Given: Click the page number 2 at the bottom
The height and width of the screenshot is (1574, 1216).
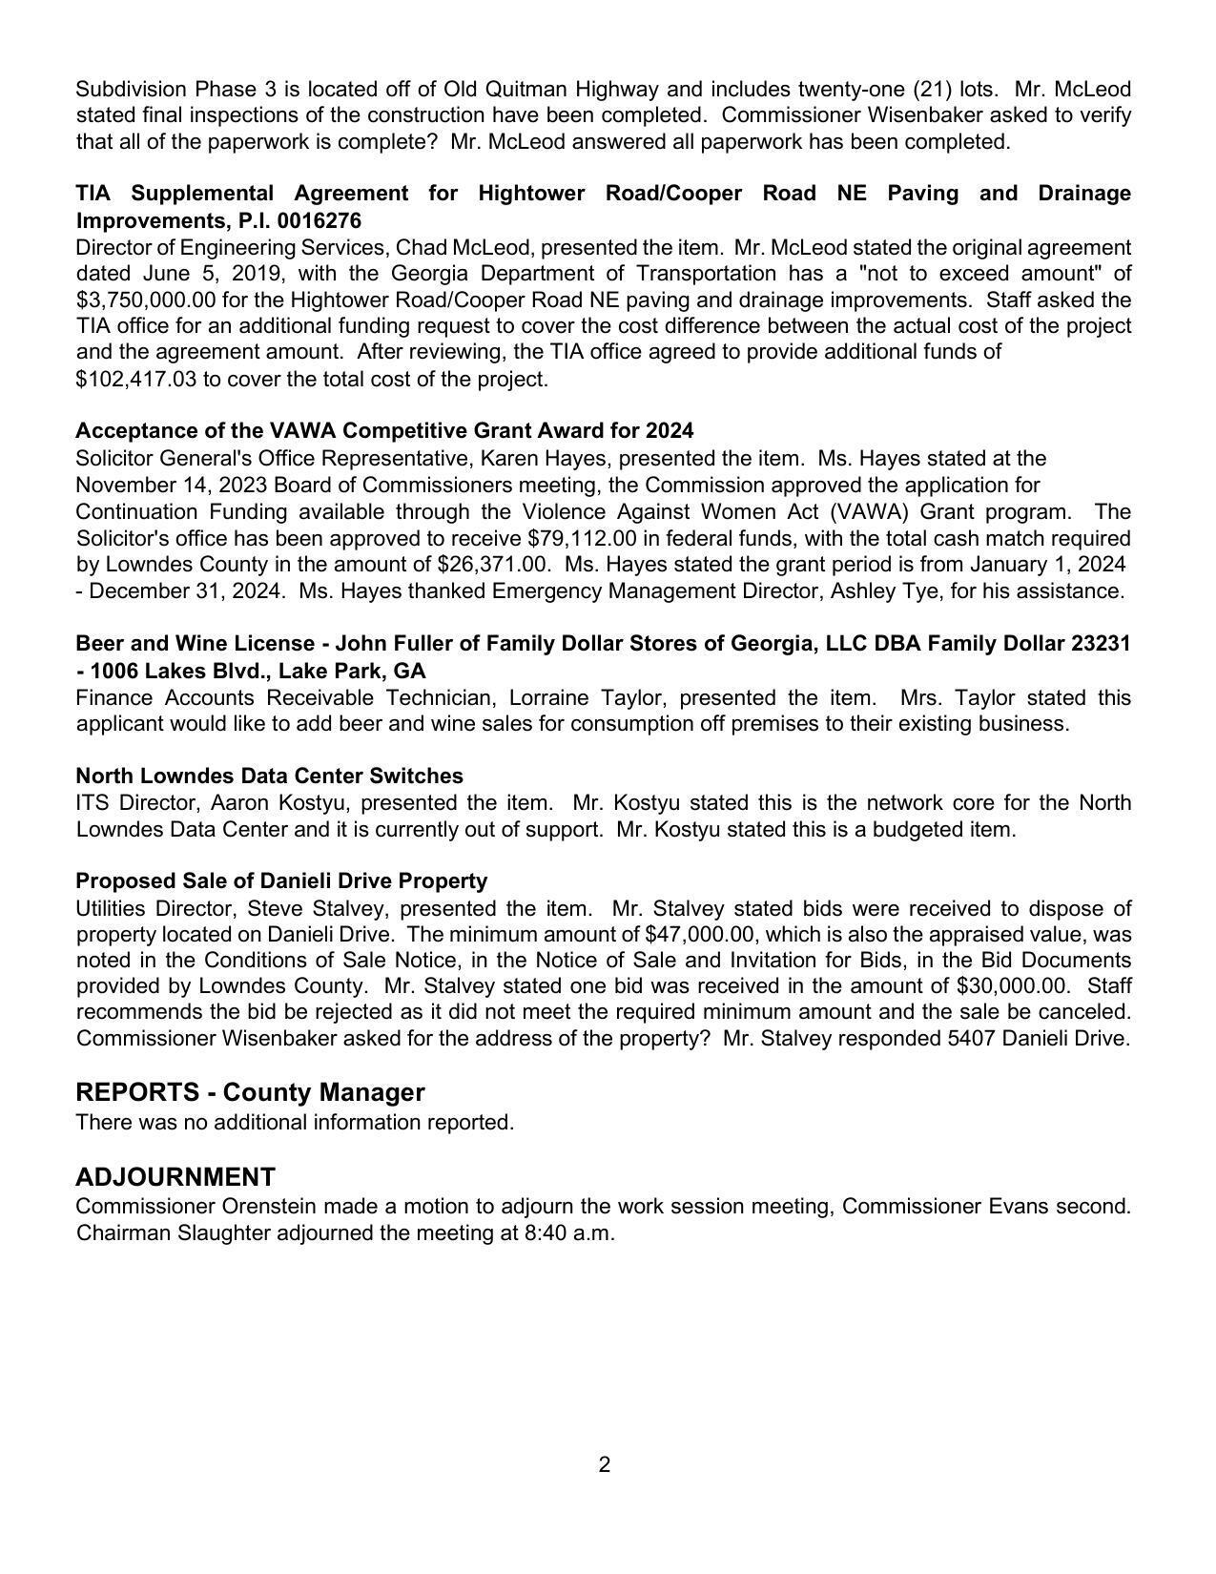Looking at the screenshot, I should [605, 1465].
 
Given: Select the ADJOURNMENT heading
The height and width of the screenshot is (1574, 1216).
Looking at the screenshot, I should [175, 1176].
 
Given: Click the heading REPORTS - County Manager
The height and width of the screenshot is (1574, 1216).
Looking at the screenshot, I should [250, 1092].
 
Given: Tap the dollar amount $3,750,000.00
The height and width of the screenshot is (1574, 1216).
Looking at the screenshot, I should [146, 300].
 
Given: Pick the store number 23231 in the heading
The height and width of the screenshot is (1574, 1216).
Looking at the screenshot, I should [1101, 643].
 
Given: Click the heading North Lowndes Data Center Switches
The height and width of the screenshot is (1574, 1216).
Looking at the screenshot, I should [269, 776].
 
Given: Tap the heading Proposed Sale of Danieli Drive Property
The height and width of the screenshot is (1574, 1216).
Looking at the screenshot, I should [281, 880].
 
